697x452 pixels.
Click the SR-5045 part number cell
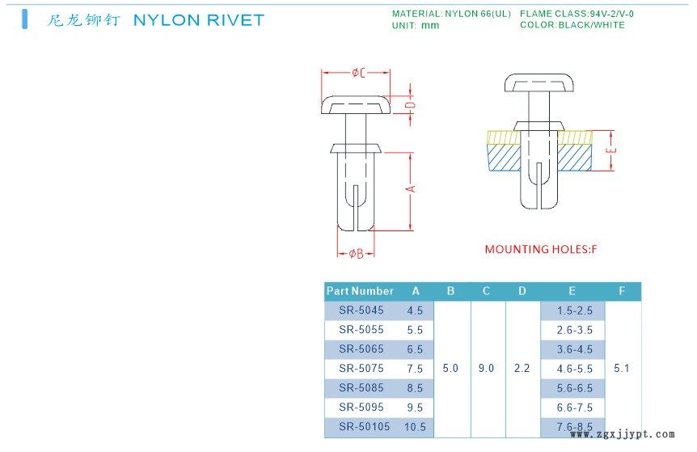[x=361, y=310]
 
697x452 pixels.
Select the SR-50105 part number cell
[x=365, y=427]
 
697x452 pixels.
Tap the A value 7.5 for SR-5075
[x=416, y=369]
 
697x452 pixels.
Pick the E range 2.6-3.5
[x=574, y=330]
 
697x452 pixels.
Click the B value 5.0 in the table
[x=451, y=369]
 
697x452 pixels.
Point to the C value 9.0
[x=487, y=369]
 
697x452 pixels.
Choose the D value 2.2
[x=522, y=369]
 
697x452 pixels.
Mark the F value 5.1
[x=621, y=369]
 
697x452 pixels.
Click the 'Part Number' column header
[x=360, y=291]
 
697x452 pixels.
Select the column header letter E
[x=572, y=291]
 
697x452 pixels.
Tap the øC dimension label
[x=358, y=73]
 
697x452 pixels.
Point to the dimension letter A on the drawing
[x=410, y=188]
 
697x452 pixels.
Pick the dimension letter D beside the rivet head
[x=410, y=105]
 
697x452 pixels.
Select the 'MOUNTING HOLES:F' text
[x=540, y=249]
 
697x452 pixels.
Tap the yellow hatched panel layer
[x=501, y=137]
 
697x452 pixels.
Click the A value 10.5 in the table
[x=416, y=427]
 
